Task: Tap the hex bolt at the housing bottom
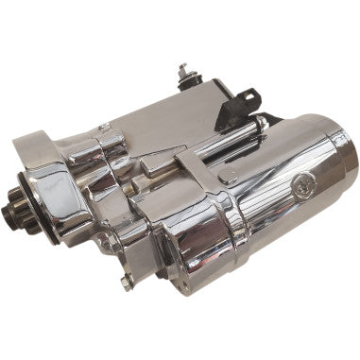point(126,281)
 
